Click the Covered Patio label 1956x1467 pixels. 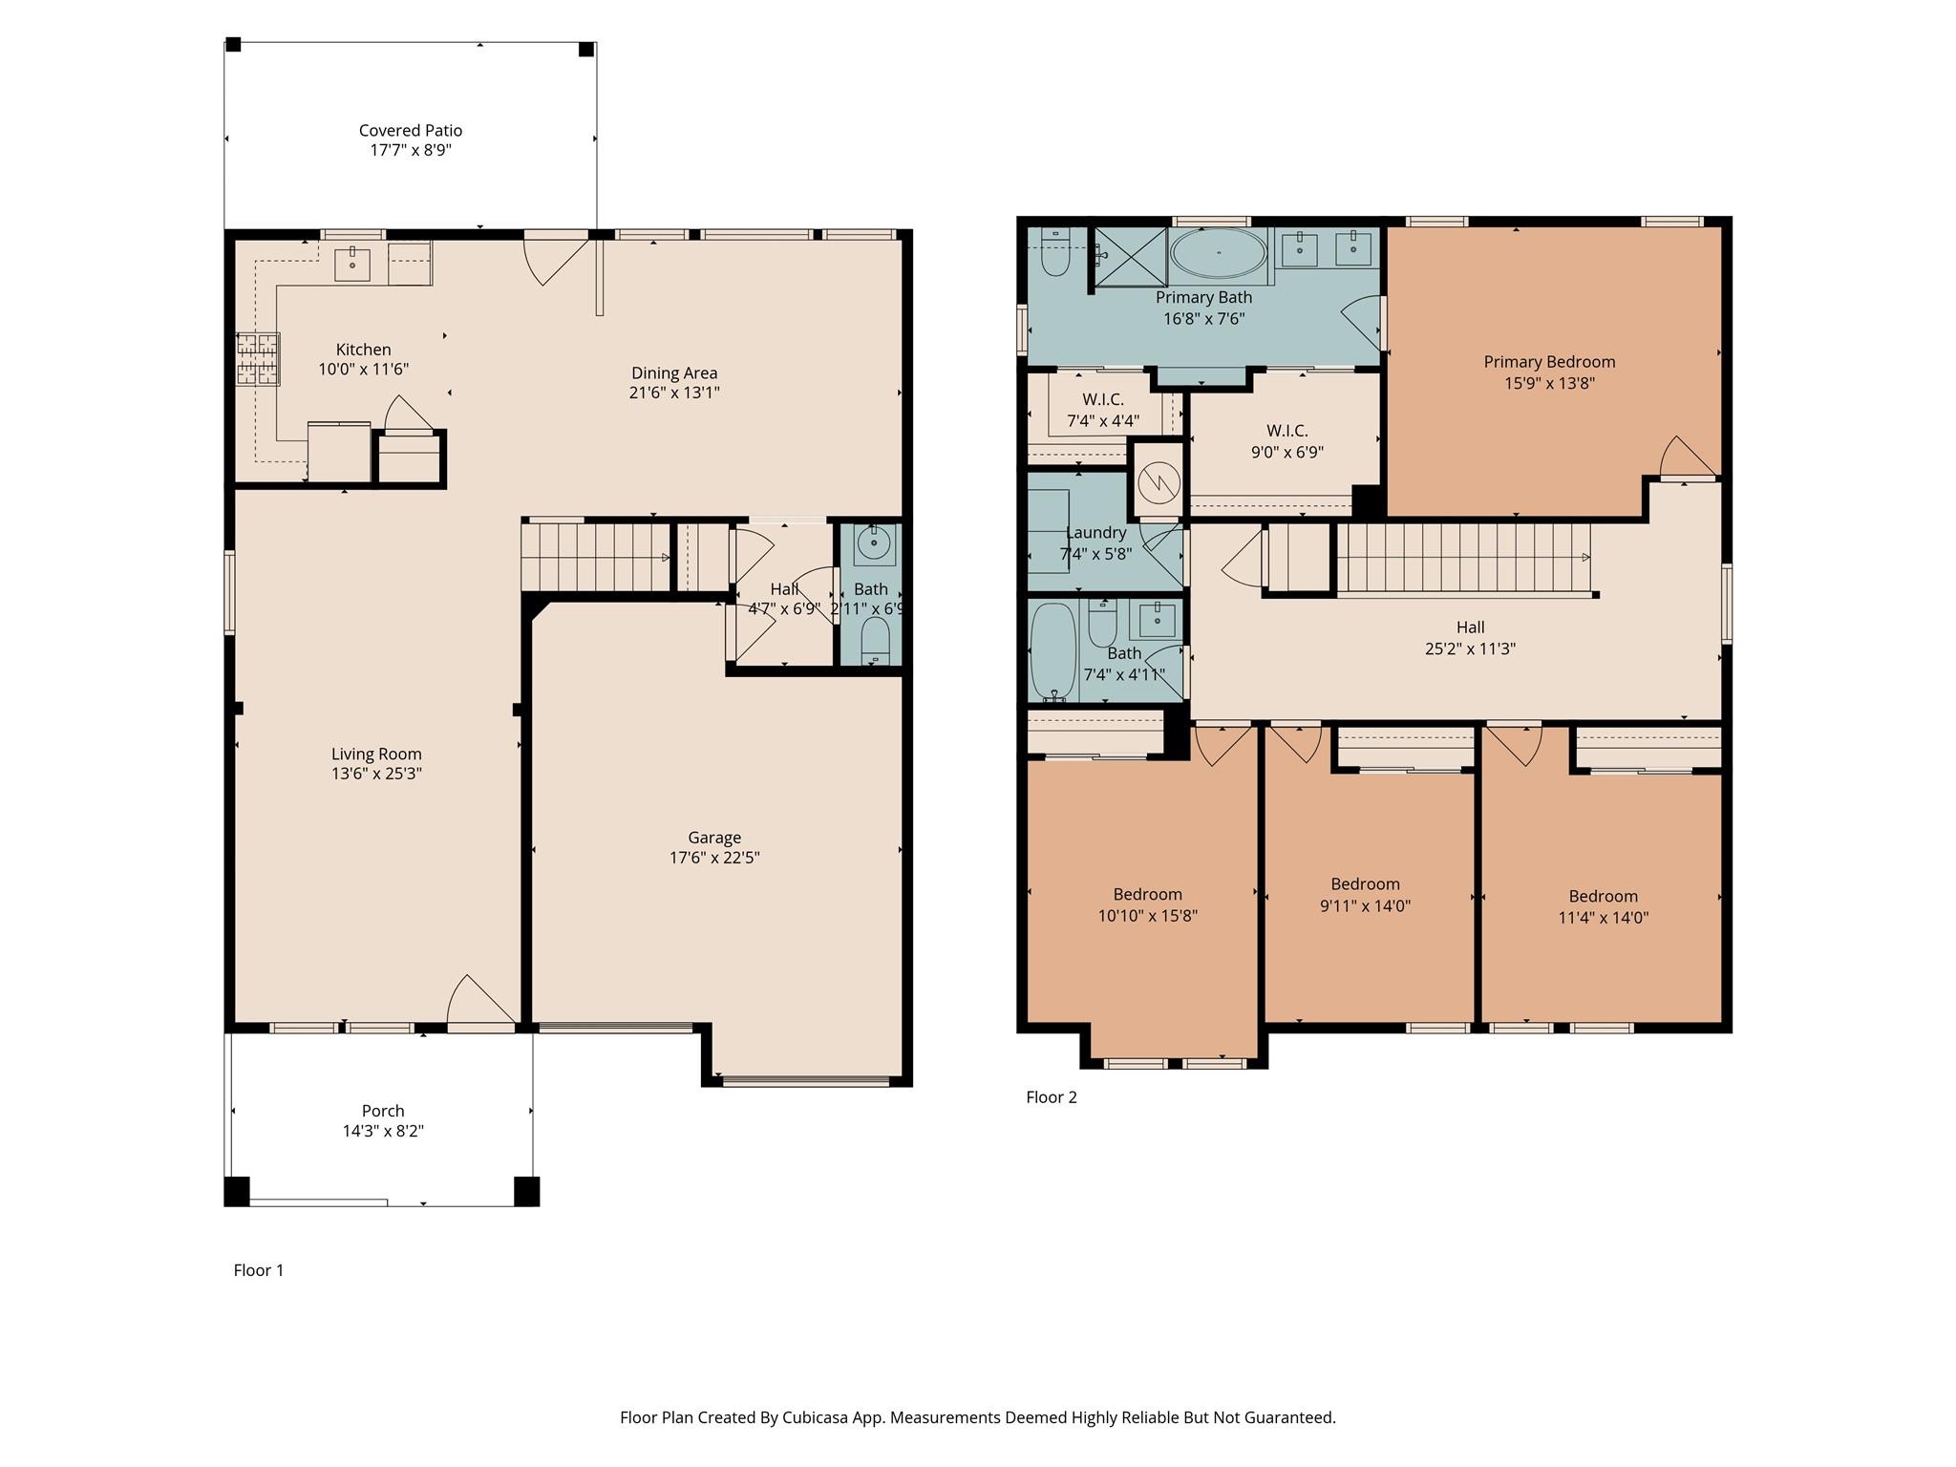tap(411, 131)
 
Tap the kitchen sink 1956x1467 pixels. tap(352, 263)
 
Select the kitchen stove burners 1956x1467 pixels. tap(258, 359)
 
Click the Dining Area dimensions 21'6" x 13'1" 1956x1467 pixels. tap(674, 393)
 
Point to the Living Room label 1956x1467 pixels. tap(376, 754)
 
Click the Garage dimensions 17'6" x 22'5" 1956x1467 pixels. tap(714, 858)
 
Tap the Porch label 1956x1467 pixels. tap(383, 1111)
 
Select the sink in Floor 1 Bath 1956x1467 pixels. tap(872, 544)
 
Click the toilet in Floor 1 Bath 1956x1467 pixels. tap(875, 638)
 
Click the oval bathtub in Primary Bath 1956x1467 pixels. tap(1219, 253)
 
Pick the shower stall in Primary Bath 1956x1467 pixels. tap(1131, 256)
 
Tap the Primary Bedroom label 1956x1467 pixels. tap(1549, 362)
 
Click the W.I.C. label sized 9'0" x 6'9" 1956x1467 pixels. tap(1286, 431)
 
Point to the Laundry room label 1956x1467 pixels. tap(1095, 533)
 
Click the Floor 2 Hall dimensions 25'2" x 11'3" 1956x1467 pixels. tap(1470, 648)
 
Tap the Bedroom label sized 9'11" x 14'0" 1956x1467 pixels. tap(1365, 884)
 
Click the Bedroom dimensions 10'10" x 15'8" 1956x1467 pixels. tap(1147, 916)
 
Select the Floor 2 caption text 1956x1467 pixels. tap(1051, 1097)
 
